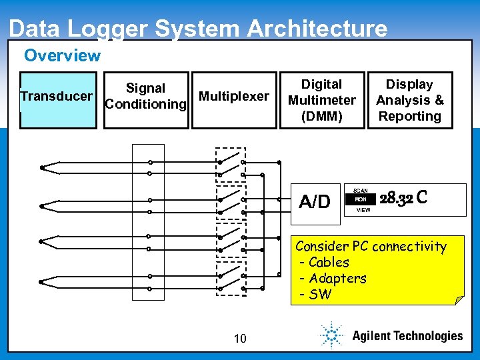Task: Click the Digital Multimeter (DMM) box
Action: (322, 100)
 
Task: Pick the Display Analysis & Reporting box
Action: (409, 100)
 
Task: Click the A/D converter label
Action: (315, 201)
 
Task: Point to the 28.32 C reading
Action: (403, 199)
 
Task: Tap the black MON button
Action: (361, 199)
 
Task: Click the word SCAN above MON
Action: (361, 191)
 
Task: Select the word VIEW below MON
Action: (363, 209)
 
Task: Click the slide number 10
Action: (240, 339)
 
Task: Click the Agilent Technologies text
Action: (407, 335)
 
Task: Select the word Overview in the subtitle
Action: (62, 55)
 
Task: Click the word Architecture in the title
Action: (317, 29)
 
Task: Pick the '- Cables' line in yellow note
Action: (325, 262)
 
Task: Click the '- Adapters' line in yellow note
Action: (333, 278)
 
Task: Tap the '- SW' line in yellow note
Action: (316, 295)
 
